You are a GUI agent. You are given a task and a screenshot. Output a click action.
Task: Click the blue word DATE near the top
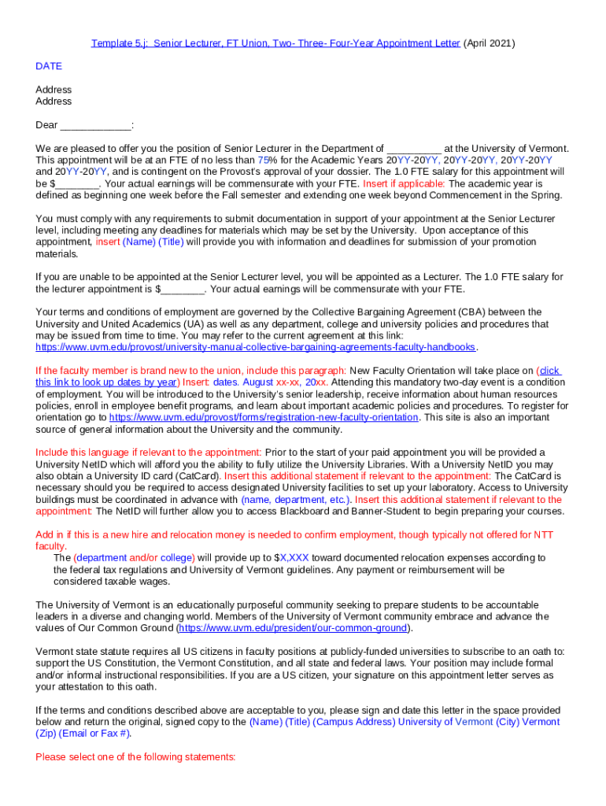click(x=49, y=66)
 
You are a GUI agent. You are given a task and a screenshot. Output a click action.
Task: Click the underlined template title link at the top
click(x=275, y=43)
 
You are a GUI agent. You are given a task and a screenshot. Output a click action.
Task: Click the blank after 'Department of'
click(x=414, y=148)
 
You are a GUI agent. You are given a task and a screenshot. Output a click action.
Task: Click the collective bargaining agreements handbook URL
click(x=256, y=347)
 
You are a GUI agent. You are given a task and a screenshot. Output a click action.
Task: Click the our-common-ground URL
click(x=293, y=628)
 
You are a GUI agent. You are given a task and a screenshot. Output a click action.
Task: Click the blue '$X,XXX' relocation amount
click(x=292, y=557)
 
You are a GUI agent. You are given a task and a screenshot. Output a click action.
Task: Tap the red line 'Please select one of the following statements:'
click(x=135, y=756)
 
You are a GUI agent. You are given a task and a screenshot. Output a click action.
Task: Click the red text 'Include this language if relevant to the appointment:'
click(x=149, y=453)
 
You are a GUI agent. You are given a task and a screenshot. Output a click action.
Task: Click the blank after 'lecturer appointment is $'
click(x=182, y=289)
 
